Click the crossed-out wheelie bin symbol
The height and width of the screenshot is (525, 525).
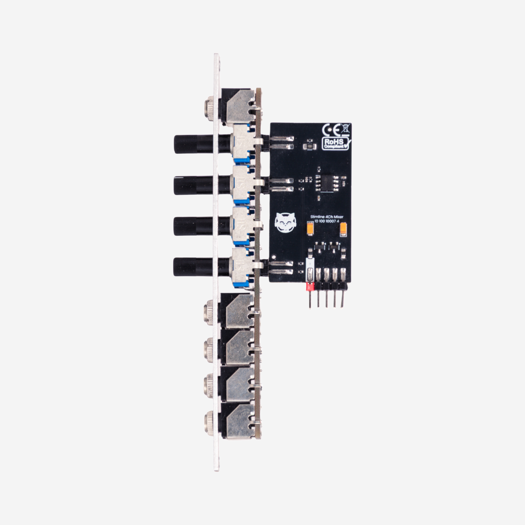345,128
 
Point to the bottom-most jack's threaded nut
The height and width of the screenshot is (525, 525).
209,423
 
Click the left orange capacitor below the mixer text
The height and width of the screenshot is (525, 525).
310,229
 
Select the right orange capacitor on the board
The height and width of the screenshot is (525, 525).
343,229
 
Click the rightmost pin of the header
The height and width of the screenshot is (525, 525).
343,299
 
